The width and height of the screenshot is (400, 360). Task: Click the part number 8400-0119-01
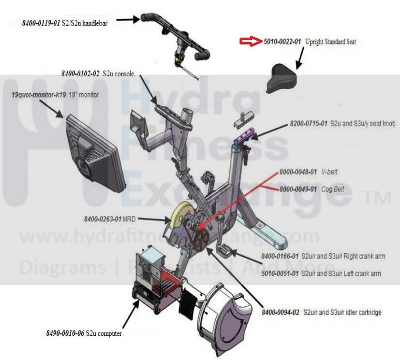point(41,23)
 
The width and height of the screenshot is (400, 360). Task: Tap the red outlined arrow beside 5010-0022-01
point(251,42)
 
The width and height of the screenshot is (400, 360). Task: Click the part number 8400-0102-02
point(80,73)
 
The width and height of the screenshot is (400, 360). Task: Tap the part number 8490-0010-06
point(65,333)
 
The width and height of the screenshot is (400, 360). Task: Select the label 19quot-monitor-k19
point(39,95)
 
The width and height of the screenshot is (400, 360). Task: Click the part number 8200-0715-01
point(309,124)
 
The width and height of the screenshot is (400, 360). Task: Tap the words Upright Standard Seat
point(330,42)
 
